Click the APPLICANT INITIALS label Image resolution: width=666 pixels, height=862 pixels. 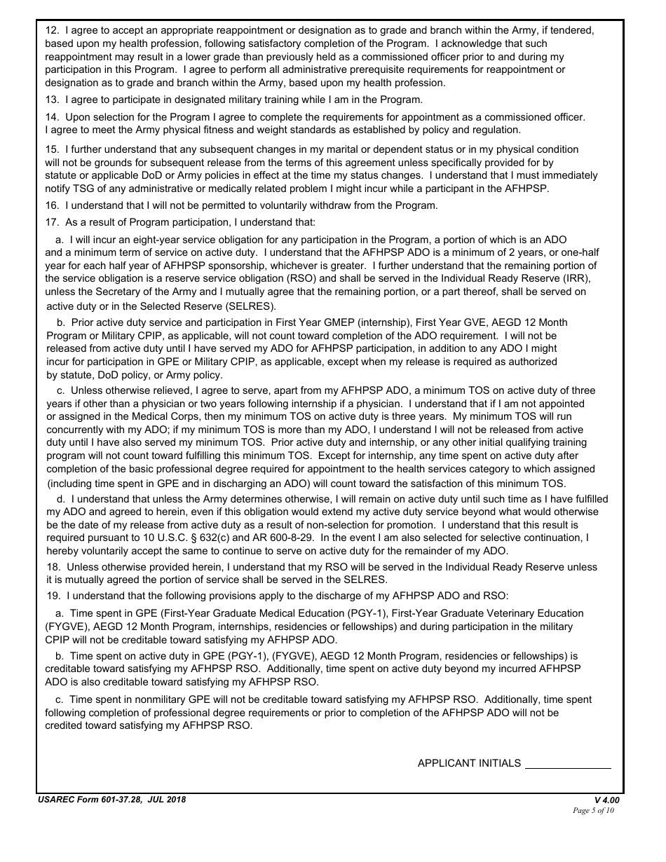point(469,763)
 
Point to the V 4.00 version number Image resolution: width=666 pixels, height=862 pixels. point(606,800)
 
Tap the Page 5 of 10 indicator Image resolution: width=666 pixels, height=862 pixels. point(593,811)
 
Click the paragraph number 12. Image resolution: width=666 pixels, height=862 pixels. point(51,31)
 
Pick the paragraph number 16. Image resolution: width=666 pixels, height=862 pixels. point(51,205)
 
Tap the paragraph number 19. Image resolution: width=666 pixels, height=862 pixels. point(51,596)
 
